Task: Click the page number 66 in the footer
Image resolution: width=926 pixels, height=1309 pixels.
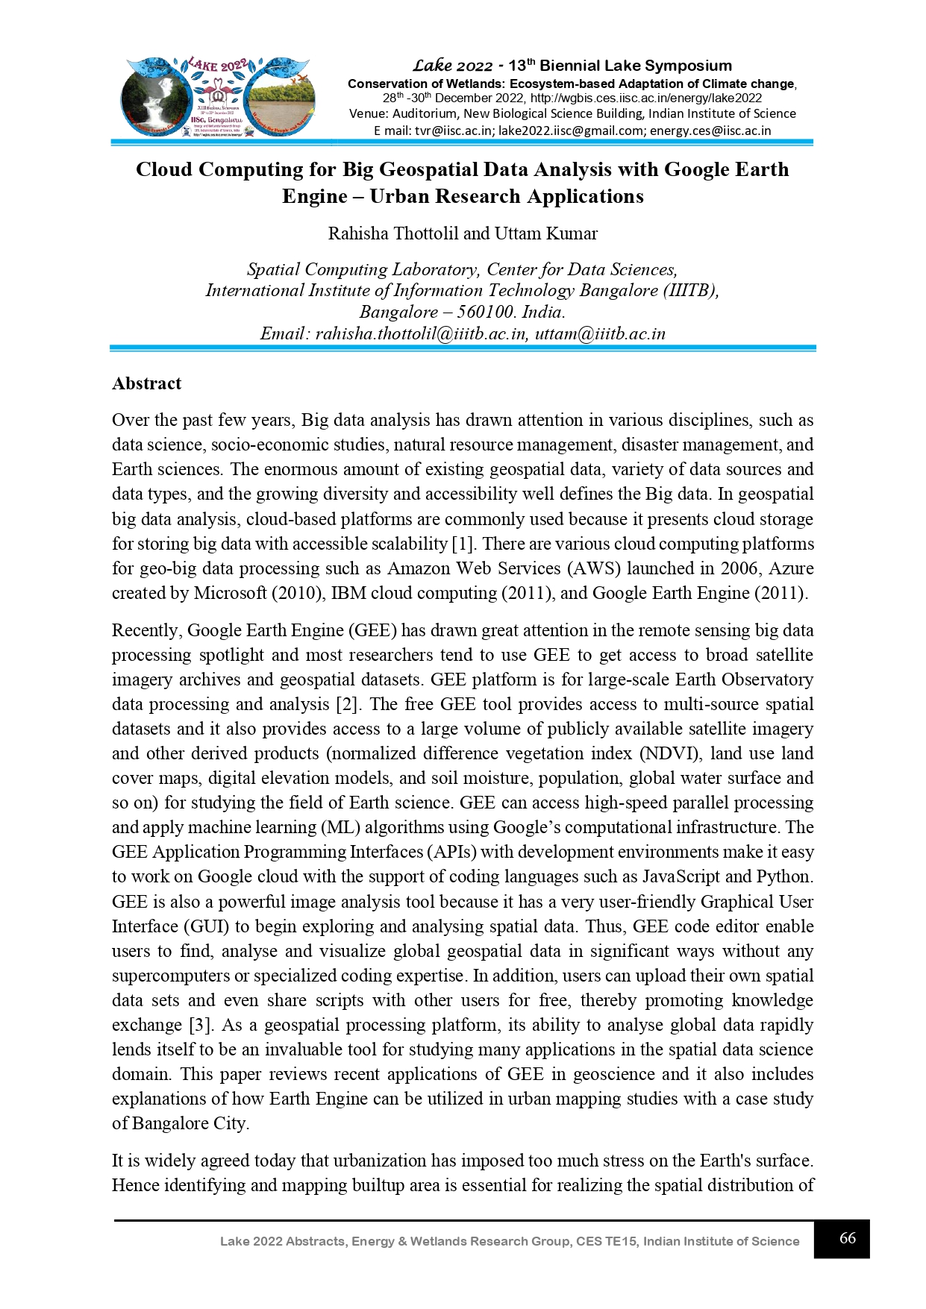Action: point(847,1238)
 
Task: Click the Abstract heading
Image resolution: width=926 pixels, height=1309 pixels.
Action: point(146,383)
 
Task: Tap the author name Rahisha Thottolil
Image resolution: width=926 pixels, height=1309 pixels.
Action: point(393,233)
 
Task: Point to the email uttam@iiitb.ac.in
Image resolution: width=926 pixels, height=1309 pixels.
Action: point(600,333)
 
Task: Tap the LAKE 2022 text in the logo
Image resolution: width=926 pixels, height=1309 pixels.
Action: point(216,66)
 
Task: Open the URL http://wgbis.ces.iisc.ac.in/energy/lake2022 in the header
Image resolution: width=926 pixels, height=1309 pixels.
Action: point(646,98)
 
